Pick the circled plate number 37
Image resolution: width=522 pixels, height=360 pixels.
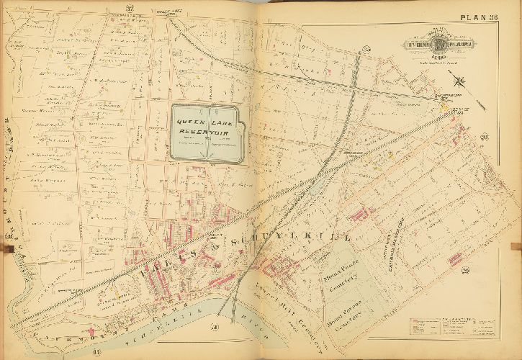click(x=130, y=9)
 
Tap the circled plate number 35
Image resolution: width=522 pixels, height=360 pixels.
click(x=366, y=49)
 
